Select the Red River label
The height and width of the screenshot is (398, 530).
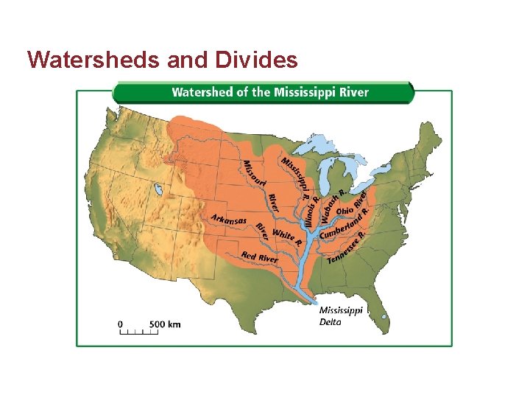(259, 258)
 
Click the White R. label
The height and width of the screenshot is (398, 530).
(286, 236)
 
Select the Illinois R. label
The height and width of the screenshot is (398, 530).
(311, 211)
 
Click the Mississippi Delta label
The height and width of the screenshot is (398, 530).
(340, 315)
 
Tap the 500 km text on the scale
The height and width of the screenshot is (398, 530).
(165, 324)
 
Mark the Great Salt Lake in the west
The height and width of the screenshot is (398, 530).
(158, 192)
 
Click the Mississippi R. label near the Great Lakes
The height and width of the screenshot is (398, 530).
(294, 177)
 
